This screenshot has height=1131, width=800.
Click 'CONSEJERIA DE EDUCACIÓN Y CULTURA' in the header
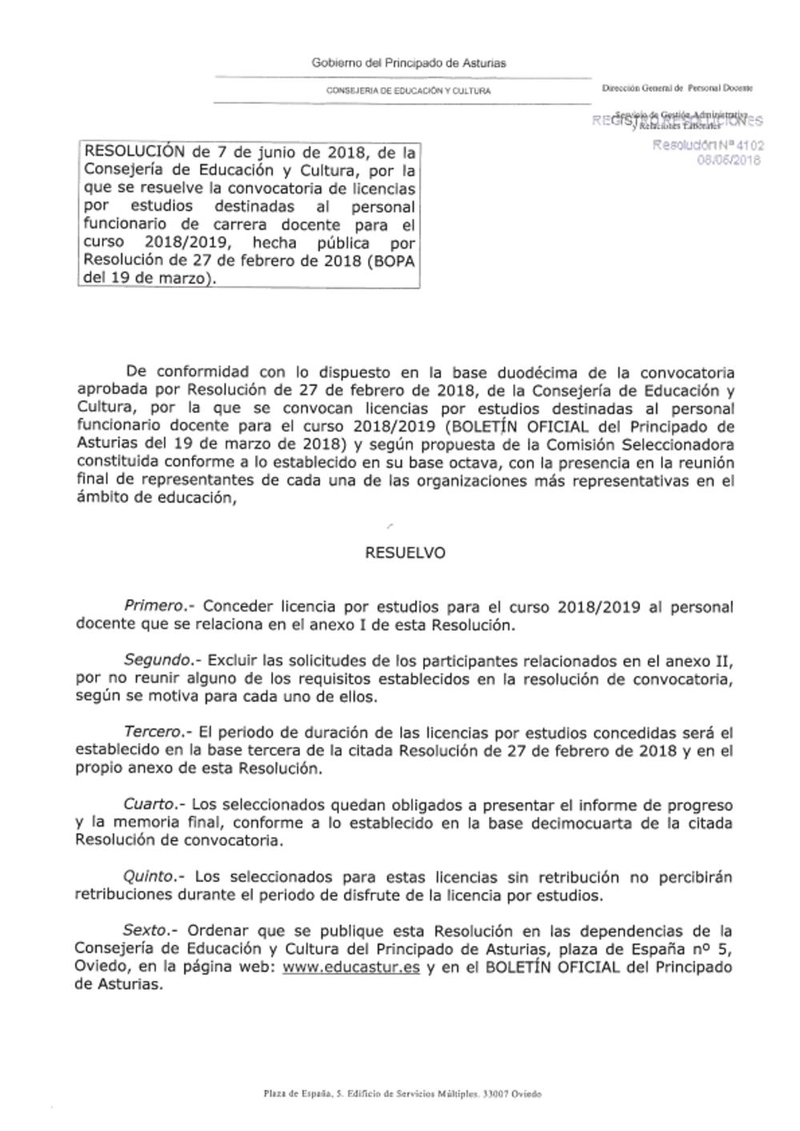pos(408,91)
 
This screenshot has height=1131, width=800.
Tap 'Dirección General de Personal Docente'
pos(677,88)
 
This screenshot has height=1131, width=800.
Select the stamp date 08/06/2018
pos(729,160)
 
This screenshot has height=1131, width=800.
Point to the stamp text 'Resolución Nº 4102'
pos(707,146)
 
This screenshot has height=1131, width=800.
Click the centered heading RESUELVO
pos(405,553)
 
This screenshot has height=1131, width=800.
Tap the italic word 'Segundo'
pos(158,661)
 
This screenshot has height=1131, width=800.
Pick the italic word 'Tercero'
pos(155,733)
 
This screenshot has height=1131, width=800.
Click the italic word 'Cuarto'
pos(149,805)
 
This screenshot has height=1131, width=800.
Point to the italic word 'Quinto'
pos(150,877)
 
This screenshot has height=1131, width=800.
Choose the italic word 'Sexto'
pos(146,931)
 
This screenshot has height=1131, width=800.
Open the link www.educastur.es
pos(351,967)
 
